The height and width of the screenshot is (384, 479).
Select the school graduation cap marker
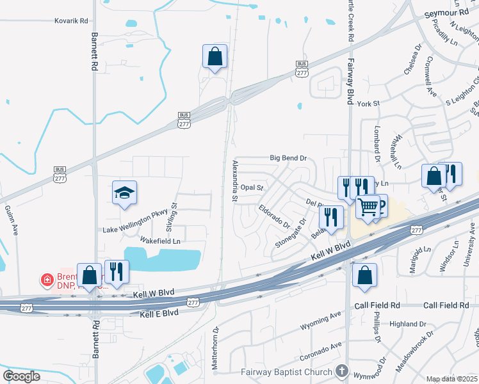click(x=125, y=193)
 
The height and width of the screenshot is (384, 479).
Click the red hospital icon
click(x=46, y=280)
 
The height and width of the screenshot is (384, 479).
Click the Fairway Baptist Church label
click(x=286, y=372)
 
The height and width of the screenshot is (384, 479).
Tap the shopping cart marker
click(x=368, y=207)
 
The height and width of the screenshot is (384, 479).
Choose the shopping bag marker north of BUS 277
click(x=215, y=56)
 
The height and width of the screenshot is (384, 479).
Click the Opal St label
click(x=252, y=188)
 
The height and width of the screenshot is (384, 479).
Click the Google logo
click(x=21, y=376)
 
